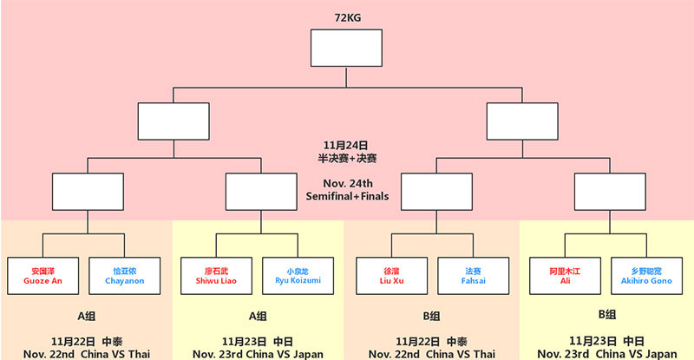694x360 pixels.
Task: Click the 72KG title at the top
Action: click(347, 16)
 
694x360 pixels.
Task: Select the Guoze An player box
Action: click(43, 275)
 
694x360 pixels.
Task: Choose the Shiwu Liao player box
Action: click(217, 275)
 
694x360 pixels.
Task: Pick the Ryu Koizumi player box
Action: click(298, 275)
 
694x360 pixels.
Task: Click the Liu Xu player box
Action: click(391, 275)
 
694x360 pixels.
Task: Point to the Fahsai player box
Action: click(472, 275)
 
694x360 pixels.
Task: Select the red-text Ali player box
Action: click(565, 275)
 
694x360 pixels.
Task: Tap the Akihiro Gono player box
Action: click(646, 275)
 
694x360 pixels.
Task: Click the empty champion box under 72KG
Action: click(347, 48)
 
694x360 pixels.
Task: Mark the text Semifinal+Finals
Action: click(347, 196)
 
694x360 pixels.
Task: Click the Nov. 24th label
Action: click(347, 182)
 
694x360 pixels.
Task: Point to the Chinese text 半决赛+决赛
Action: click(347, 158)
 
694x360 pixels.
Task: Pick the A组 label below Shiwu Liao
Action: click(258, 316)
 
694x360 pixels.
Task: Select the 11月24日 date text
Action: click(347, 144)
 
